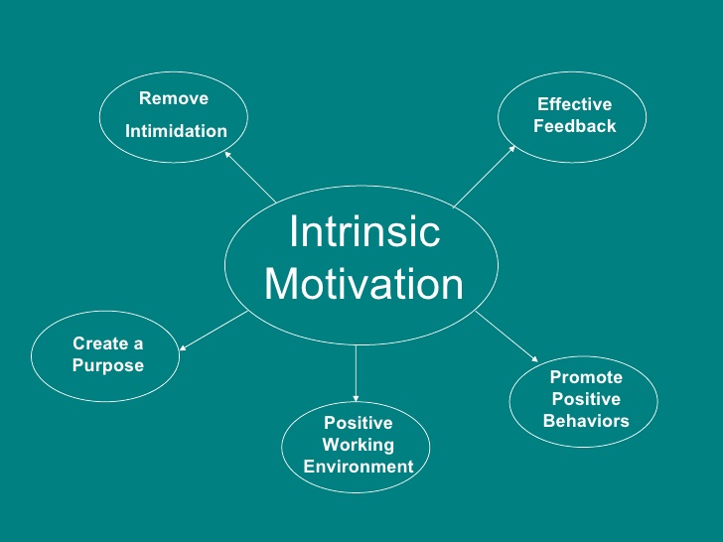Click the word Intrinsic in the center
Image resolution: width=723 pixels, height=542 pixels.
click(363, 232)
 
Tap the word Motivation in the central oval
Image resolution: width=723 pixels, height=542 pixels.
click(363, 284)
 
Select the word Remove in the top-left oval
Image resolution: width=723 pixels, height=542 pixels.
click(174, 98)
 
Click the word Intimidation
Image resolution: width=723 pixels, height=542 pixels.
click(176, 131)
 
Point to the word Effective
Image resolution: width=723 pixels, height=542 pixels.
click(574, 104)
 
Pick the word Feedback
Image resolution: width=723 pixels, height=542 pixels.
click(574, 126)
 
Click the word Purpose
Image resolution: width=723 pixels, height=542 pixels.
click(107, 365)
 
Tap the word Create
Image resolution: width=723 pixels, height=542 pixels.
click(99, 343)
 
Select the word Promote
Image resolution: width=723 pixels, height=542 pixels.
click(586, 377)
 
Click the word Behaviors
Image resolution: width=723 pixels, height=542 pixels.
click(586, 421)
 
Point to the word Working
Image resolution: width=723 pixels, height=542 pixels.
click(358, 445)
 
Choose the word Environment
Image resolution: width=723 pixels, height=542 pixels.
click(358, 467)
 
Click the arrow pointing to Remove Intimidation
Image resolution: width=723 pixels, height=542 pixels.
click(249, 176)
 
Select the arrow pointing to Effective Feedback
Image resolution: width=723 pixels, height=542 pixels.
click(485, 176)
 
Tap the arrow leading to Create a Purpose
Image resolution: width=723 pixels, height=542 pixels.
click(213, 331)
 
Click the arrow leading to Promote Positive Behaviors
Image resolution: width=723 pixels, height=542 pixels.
click(506, 337)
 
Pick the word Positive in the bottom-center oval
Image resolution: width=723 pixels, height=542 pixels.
click(358, 423)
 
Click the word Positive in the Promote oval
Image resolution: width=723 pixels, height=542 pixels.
click(586, 399)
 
